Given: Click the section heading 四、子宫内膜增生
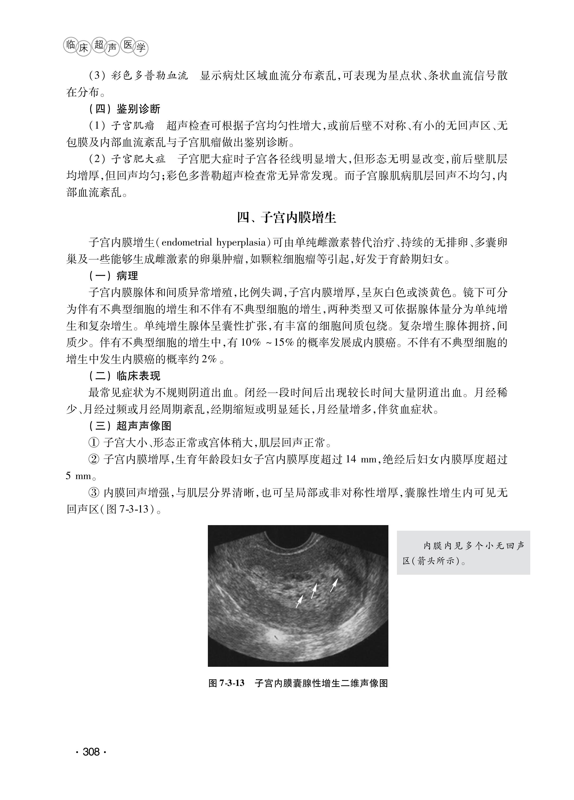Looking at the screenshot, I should pos(287,218).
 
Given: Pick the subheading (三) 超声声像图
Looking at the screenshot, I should pos(130,426).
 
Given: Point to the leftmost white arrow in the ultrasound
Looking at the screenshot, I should pos(299,601).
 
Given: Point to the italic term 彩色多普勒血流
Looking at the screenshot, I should pos(150,76).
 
